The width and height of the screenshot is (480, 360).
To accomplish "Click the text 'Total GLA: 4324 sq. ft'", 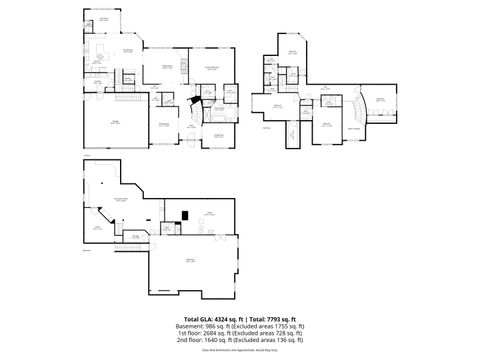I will pos(208,318).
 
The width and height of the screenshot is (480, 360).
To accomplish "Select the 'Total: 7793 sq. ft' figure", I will pos(271,318).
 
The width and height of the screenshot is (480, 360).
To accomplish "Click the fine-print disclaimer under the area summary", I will pos(239,350).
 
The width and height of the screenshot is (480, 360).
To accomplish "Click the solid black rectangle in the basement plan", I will pos(185,212).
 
